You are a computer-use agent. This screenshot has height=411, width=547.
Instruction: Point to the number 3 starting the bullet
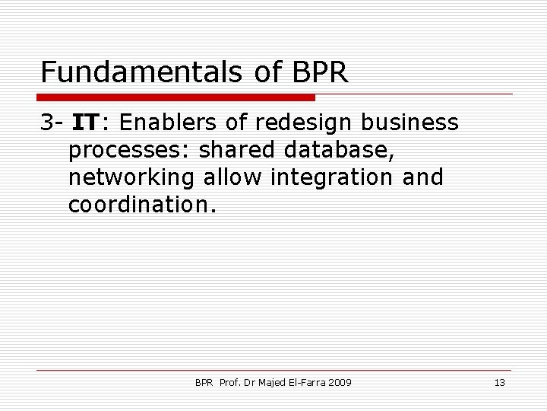47,123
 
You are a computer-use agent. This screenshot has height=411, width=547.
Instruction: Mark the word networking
132,178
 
